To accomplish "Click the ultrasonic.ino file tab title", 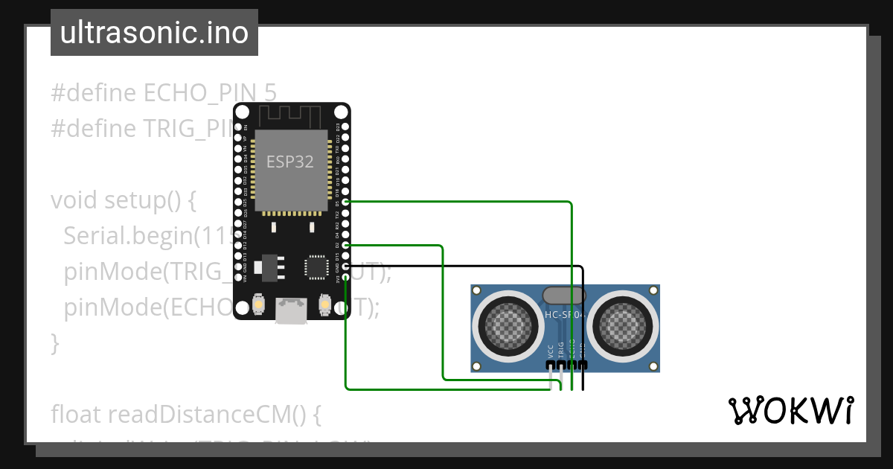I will coord(154,33).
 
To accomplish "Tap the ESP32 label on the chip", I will coord(290,162).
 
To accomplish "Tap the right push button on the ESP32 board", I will coord(325,303).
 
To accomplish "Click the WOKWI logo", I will coord(790,410).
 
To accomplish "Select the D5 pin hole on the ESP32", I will coord(345,202).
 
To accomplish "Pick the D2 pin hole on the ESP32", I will coord(345,245).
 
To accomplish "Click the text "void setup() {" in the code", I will coord(123,200).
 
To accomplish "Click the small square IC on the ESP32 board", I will coord(316,267).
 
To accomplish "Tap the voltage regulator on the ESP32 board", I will coord(269,267).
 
